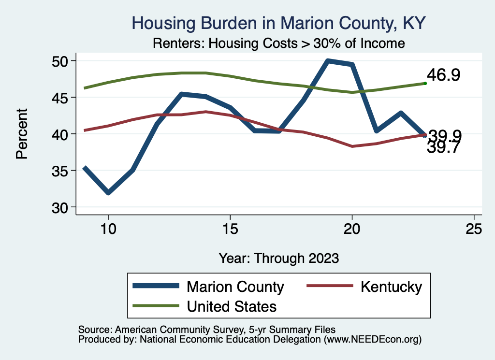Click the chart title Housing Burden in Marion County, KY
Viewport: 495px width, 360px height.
coord(279,23)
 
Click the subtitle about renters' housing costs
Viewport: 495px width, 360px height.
coord(278,43)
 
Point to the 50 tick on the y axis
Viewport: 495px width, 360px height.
coord(61,61)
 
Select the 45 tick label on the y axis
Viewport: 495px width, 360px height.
coord(61,98)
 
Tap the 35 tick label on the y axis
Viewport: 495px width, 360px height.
coord(61,171)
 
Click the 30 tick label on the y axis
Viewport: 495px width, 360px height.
coord(61,207)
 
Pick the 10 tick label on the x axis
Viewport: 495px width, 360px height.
coord(108,229)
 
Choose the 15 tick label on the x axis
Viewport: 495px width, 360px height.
coord(230,229)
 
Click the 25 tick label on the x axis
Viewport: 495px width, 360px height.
coord(474,229)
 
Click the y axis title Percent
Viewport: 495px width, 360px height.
coord(22,134)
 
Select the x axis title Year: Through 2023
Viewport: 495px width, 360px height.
coord(278,258)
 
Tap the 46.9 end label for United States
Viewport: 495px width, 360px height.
coord(443,75)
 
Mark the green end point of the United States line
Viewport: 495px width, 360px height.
coord(425,84)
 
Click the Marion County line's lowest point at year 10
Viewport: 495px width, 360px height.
coord(108,193)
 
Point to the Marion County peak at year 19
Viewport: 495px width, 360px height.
coord(328,61)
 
